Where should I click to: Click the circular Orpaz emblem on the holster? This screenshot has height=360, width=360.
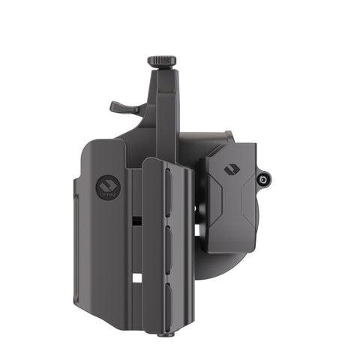click(106, 184)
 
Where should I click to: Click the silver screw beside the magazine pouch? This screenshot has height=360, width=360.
click(263, 179)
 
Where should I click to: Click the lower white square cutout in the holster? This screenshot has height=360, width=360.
click(136, 278)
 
